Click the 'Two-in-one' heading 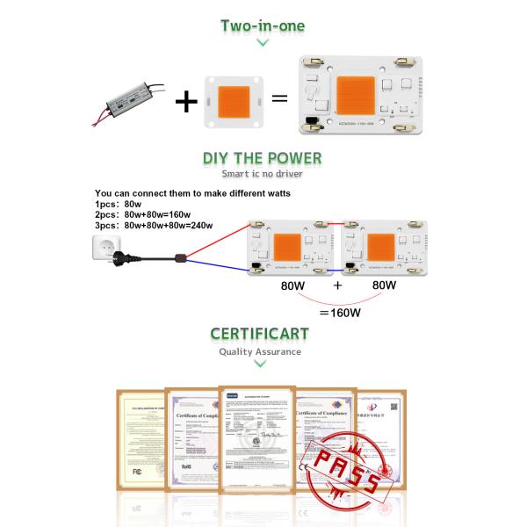point(263,25)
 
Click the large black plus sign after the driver point(186,101)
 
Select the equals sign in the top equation point(279,98)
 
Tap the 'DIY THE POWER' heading point(262,159)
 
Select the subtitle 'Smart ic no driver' point(262,175)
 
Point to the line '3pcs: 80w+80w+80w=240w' point(155,225)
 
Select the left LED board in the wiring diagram point(292,247)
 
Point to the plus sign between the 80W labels point(336,286)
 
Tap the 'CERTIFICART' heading point(262,335)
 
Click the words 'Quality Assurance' point(260,351)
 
